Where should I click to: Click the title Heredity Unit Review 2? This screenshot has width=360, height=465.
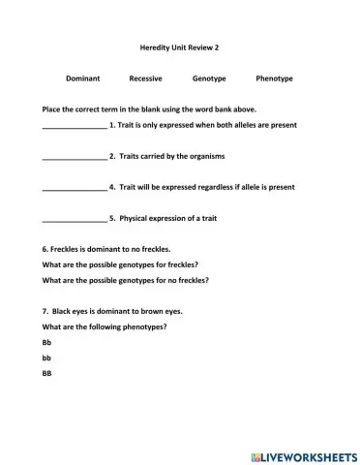click(179, 46)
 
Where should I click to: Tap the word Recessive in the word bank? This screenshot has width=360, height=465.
click(145, 77)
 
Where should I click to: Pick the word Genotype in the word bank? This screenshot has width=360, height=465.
click(209, 77)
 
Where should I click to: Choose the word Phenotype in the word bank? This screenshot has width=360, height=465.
click(275, 77)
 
